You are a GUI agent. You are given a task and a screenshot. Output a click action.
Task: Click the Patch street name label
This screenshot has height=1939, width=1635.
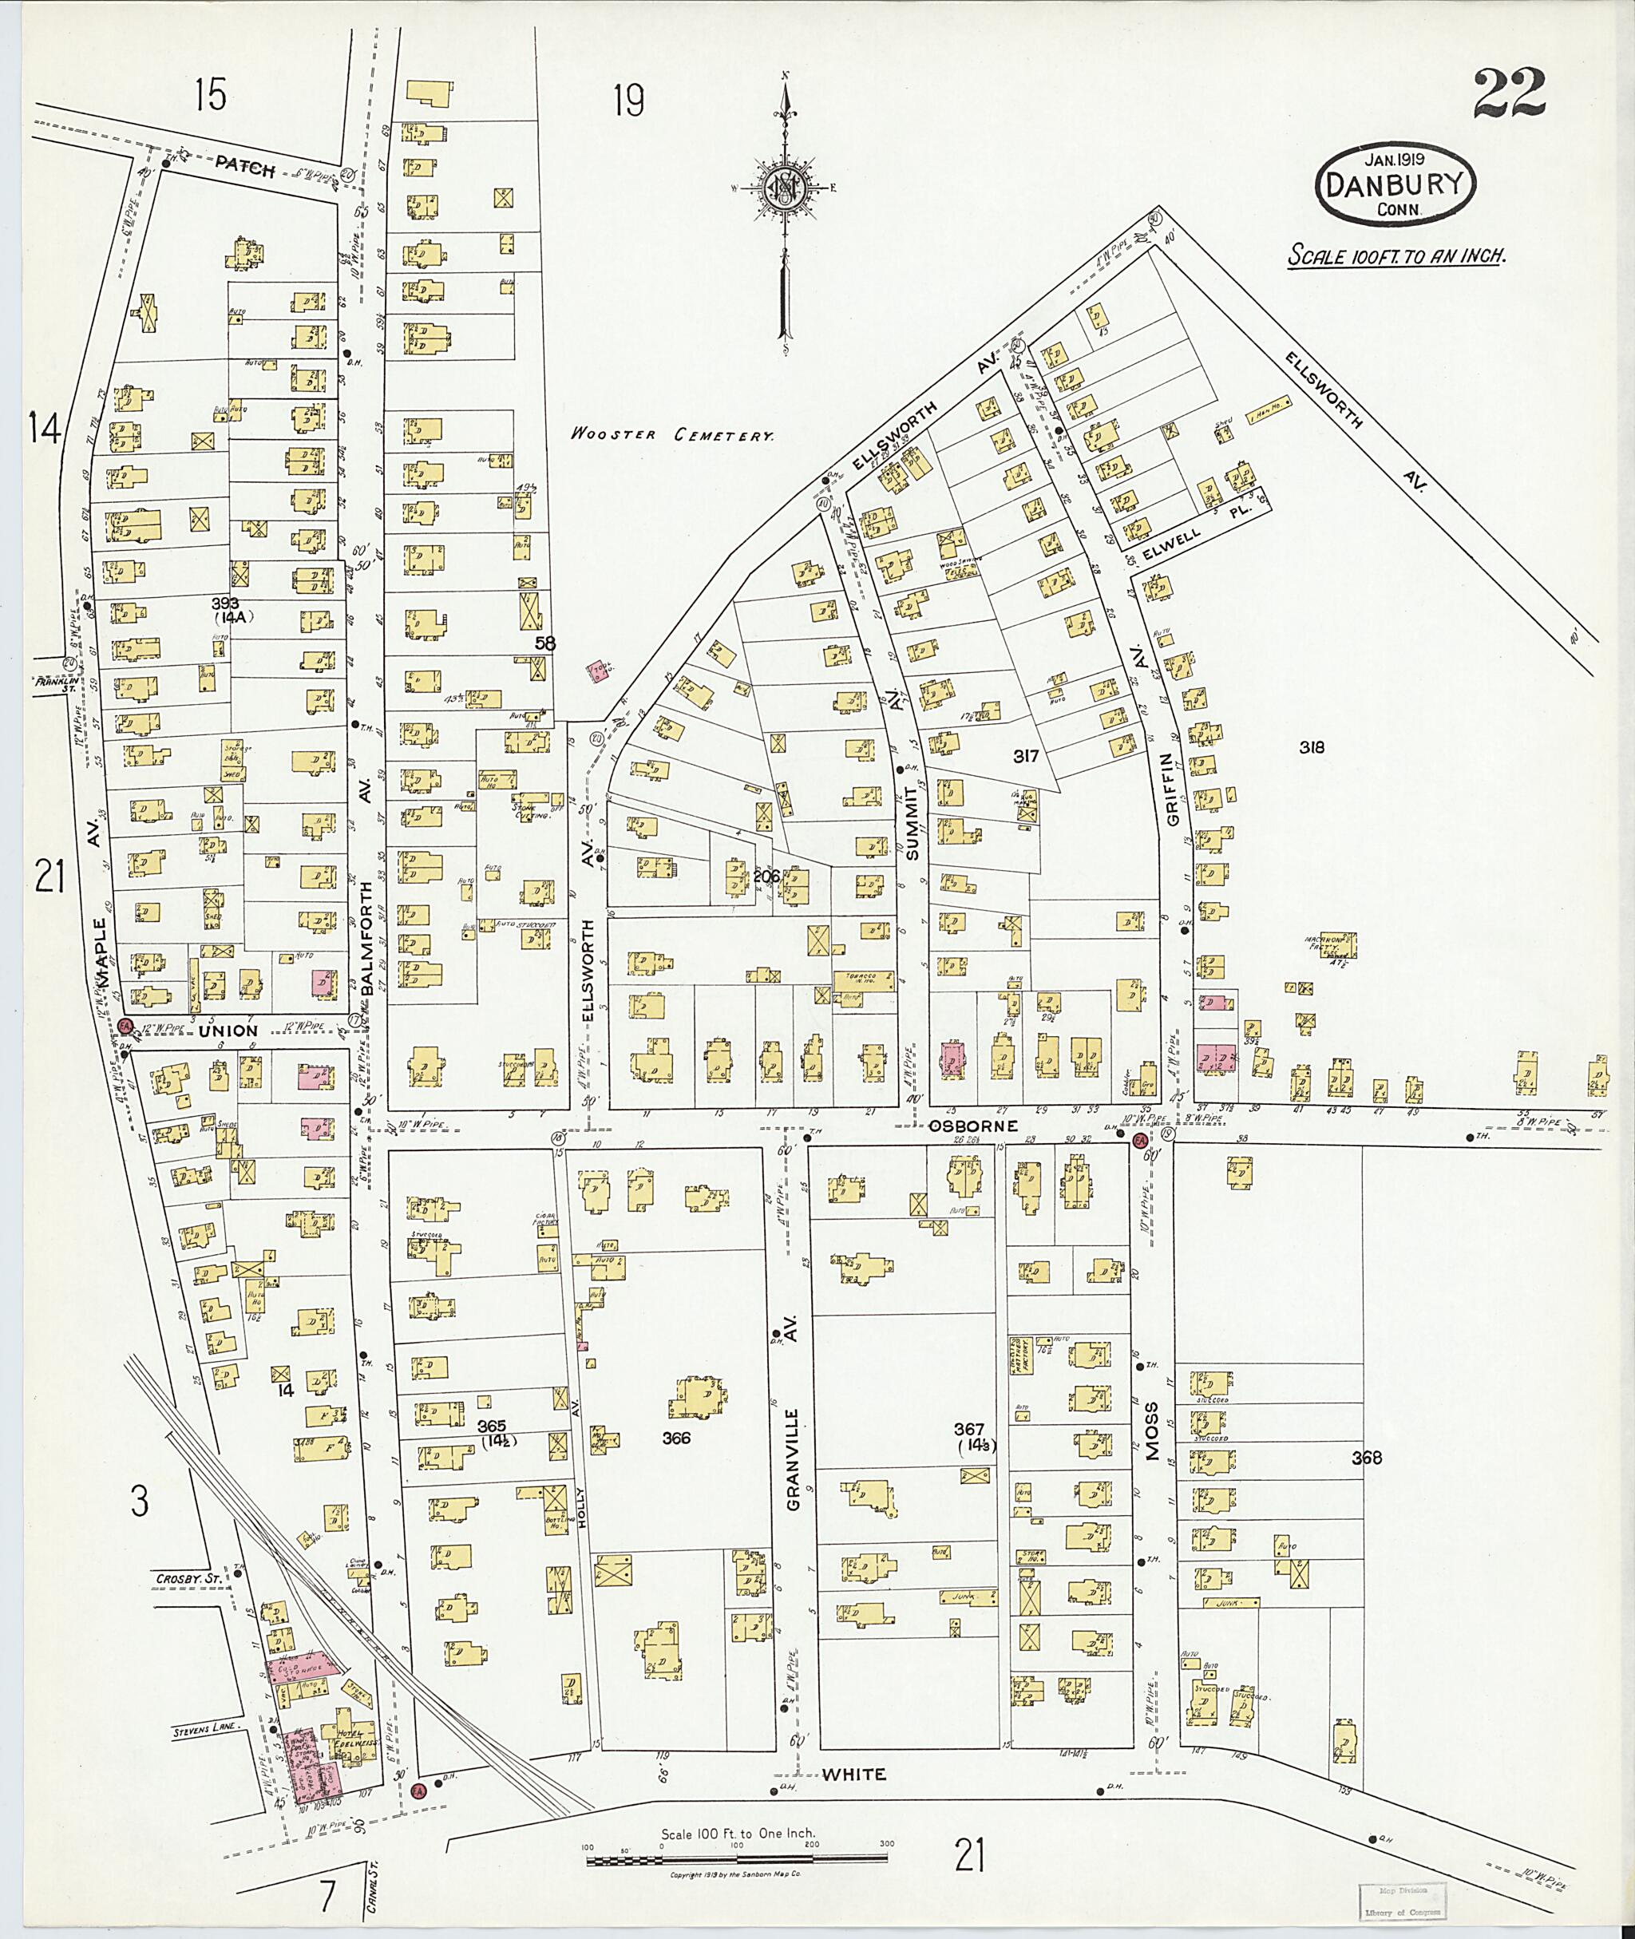(246, 168)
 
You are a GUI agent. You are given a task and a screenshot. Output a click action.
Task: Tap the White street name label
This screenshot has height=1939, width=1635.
(853, 1774)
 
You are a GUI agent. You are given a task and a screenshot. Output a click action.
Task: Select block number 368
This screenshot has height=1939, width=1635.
(1366, 1458)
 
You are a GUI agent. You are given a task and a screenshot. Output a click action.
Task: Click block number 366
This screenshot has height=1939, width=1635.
(678, 1438)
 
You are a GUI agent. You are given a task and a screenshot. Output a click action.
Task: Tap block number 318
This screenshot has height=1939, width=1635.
(1312, 747)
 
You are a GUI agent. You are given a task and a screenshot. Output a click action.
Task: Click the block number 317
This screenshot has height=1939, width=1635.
(1025, 756)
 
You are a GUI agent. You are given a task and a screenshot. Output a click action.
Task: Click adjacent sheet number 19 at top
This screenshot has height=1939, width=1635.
(628, 100)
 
